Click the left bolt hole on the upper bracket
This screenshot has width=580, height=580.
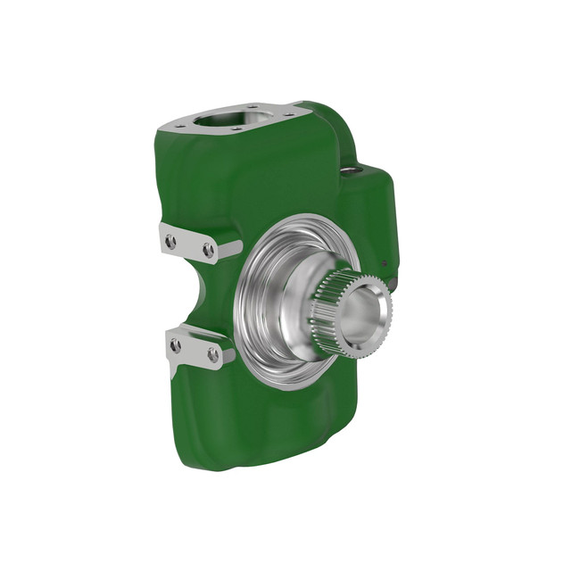pyautogui.click(x=170, y=241)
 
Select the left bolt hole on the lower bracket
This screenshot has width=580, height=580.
pyautogui.click(x=176, y=345)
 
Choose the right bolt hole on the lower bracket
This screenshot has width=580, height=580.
pyautogui.click(x=213, y=355)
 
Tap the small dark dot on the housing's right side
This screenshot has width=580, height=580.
pyautogui.click(x=385, y=263)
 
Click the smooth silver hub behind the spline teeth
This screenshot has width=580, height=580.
pyautogui.click(x=299, y=312)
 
